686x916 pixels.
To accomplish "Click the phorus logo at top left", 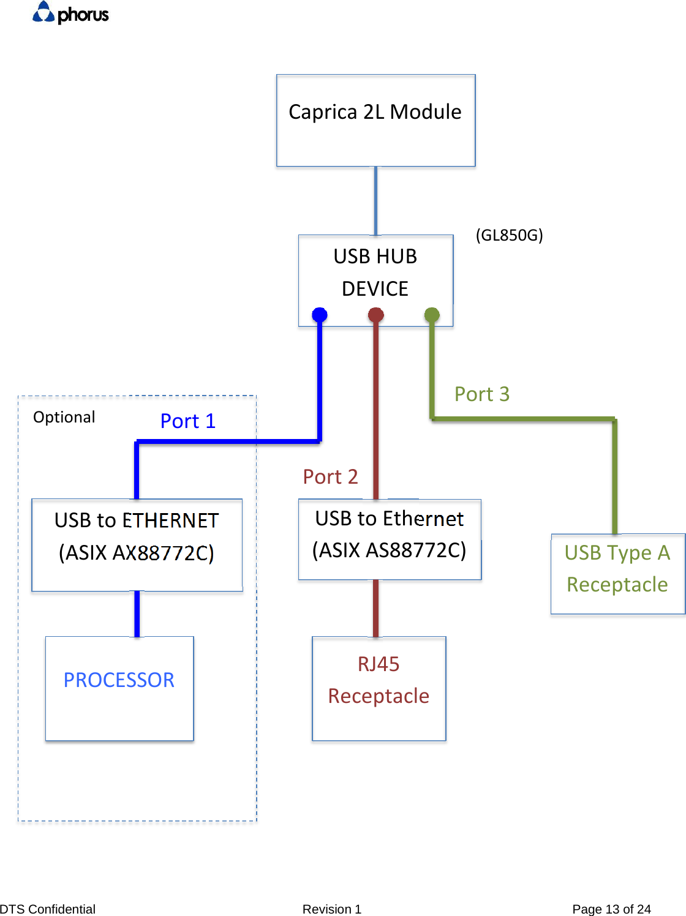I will click(x=70, y=13).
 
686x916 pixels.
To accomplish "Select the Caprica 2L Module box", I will click(x=375, y=121).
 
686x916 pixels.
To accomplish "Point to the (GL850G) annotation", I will click(x=509, y=235).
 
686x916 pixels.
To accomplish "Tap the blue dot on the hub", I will click(x=320, y=315).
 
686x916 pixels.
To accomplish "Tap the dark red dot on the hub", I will click(x=375, y=315).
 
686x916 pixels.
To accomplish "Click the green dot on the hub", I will click(x=432, y=315).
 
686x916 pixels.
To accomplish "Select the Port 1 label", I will click(x=187, y=421).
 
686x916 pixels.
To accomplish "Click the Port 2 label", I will click(x=330, y=476).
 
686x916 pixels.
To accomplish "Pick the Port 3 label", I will click(x=481, y=394).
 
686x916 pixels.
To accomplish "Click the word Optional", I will click(x=64, y=417).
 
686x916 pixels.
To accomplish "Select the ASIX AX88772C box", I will click(x=137, y=544).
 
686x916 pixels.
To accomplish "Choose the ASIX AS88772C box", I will click(x=390, y=539).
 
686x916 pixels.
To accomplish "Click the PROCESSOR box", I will click(x=119, y=688).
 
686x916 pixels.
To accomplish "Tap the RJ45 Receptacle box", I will click(x=379, y=688).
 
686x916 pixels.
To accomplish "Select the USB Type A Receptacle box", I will click(x=617, y=573).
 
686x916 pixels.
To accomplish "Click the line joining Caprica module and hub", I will click(x=375, y=201).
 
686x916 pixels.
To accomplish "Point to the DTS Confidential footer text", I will click(x=48, y=909).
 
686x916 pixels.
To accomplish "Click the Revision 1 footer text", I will click(x=331, y=909).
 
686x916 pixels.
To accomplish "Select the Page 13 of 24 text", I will click(x=611, y=909).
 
